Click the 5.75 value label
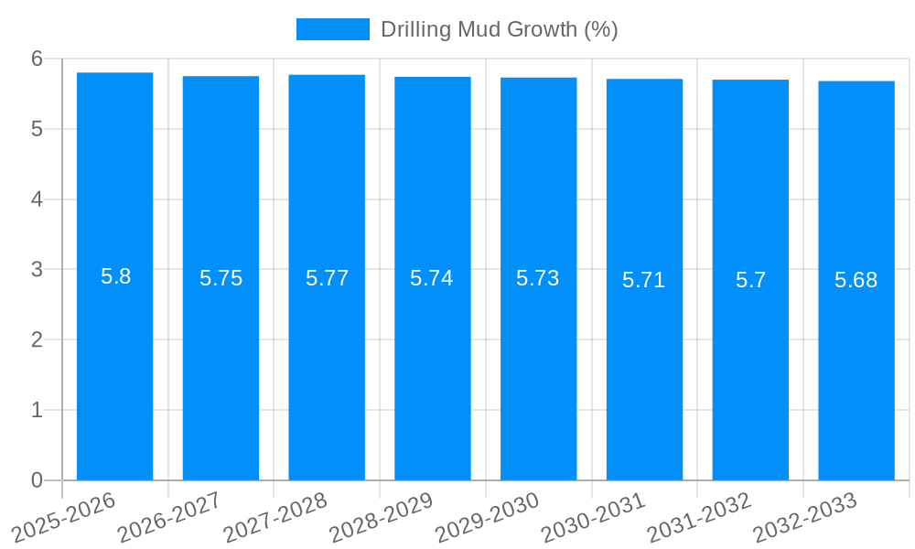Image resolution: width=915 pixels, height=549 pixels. click(221, 278)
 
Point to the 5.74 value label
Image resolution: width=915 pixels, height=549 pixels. click(432, 278)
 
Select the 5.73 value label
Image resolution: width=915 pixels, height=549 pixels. click(538, 278)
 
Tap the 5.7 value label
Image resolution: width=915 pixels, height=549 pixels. click(750, 280)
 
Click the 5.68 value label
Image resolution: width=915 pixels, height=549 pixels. click(856, 280)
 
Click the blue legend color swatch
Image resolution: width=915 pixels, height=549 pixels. click(333, 29)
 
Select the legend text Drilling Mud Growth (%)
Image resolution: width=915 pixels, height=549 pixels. click(499, 29)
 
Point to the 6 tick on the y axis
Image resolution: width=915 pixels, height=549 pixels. click(38, 59)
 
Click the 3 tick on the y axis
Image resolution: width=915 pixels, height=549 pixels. click(38, 270)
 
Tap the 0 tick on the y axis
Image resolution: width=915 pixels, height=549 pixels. click(38, 480)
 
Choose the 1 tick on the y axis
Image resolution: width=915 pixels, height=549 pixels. click(38, 410)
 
